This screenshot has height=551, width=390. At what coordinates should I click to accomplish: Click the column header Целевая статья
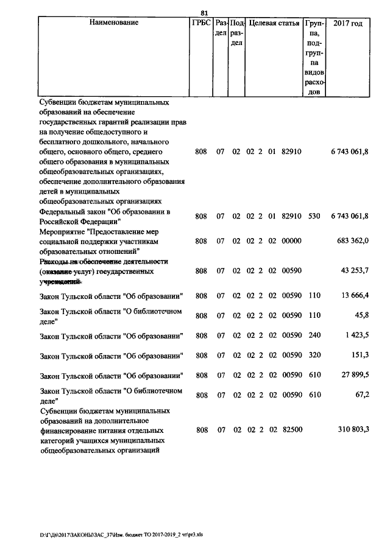click(x=274, y=23)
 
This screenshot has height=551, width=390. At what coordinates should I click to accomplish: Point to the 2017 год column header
click(x=349, y=23)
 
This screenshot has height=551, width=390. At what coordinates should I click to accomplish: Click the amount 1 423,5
click(x=356, y=335)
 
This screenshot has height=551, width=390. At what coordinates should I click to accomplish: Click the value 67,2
click(x=361, y=395)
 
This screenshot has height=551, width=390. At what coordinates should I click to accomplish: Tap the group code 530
click(x=314, y=216)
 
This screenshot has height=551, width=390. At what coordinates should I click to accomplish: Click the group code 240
click(x=314, y=335)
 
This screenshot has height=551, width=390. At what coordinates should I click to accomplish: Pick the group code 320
click(x=314, y=356)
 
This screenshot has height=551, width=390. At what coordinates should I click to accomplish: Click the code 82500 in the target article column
click(x=292, y=430)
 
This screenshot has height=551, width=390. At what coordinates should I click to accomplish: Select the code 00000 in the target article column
click(x=292, y=241)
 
